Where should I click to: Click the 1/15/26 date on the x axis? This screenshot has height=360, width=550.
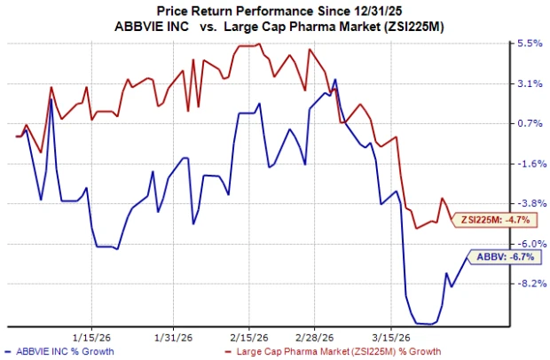tap(91, 337)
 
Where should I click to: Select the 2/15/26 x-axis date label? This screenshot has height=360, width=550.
tap(250, 337)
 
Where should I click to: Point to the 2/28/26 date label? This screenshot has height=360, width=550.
tap(318, 337)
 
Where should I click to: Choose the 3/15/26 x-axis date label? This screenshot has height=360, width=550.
tap(396, 337)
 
